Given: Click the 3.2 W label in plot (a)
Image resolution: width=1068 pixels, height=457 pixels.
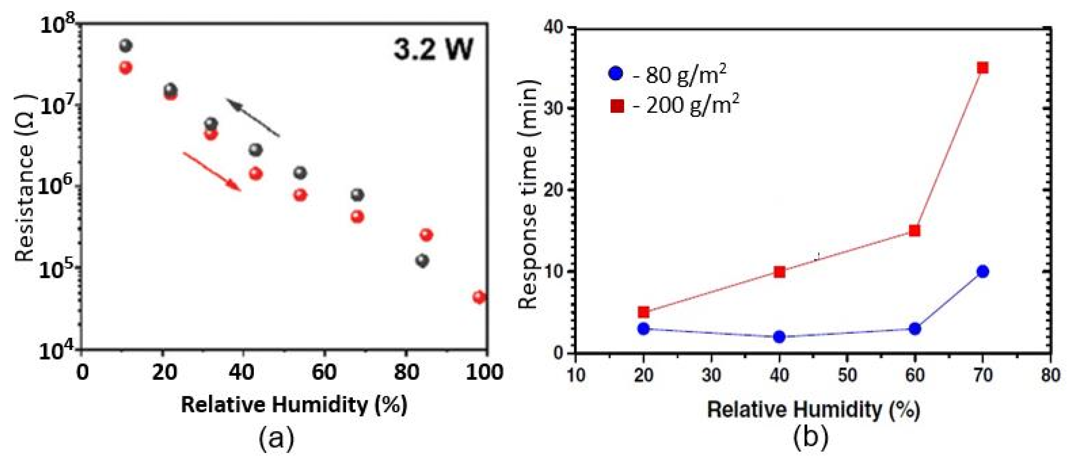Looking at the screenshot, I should coord(433,50).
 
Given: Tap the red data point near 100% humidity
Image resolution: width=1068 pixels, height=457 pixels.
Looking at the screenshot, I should coord(479,297).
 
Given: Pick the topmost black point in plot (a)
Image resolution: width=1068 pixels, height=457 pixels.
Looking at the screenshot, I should coord(125,46).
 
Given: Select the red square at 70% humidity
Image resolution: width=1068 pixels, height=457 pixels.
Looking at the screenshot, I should coord(982,68).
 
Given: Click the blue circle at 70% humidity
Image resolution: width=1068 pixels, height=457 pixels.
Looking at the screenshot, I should coord(982,272).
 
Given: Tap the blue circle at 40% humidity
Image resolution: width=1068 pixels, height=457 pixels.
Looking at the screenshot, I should coord(779,337).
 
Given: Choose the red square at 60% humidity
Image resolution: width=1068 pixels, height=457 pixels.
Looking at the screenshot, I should coord(914,231).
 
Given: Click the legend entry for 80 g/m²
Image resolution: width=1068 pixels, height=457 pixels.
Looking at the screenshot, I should coord(668,75).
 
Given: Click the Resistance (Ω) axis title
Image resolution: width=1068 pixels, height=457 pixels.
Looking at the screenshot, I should coord(25,178).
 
